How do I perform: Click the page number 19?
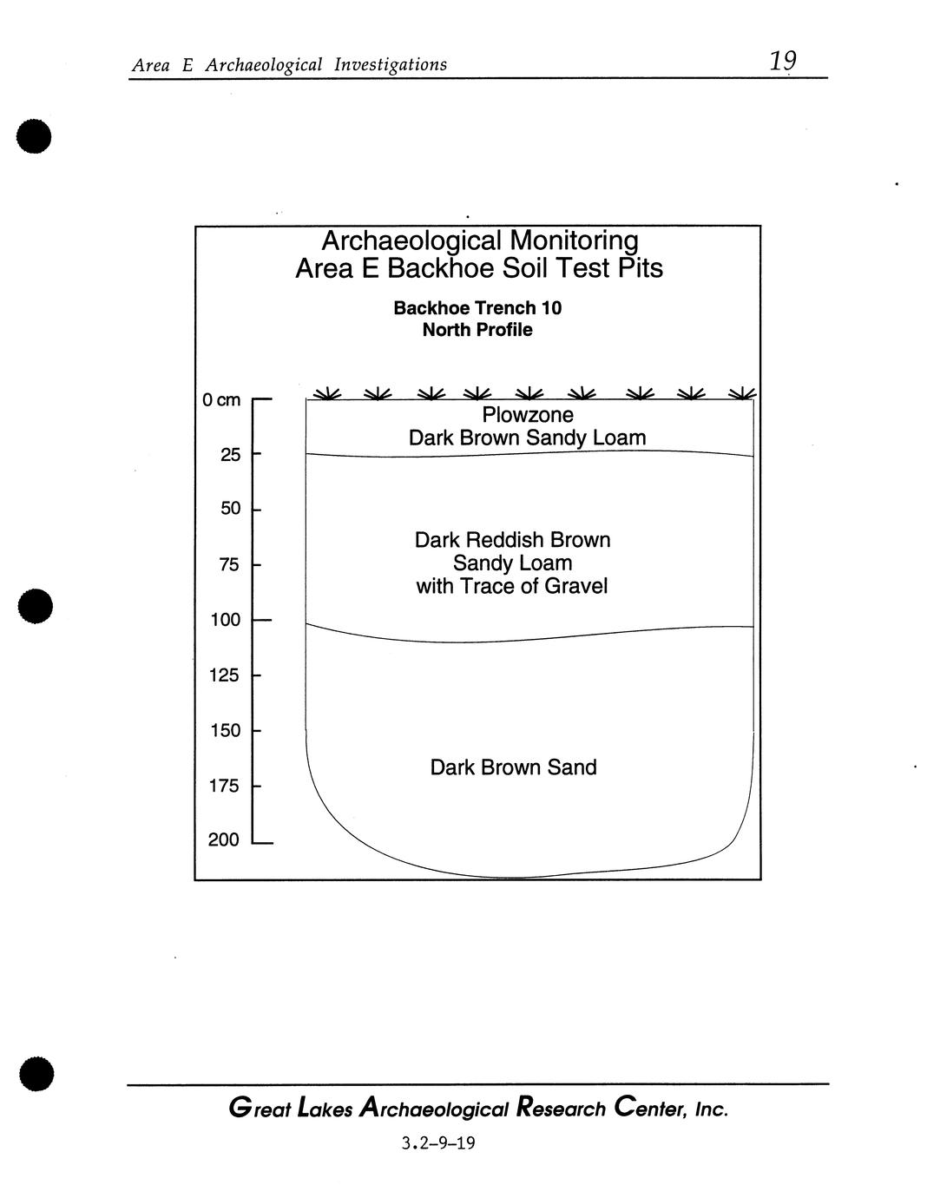782,61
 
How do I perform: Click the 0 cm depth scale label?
221,400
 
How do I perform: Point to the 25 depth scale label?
230,455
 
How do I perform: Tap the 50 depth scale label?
230,509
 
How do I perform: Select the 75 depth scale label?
230,565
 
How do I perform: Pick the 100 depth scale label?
225,620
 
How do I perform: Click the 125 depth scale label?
225,675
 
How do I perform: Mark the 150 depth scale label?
225,731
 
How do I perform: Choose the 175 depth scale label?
225,787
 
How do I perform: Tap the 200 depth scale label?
225,840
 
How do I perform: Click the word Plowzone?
528,415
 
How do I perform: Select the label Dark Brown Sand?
513,767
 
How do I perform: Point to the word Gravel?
576,586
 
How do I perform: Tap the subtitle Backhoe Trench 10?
477,308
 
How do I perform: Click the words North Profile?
477,330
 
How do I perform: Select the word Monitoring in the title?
574,240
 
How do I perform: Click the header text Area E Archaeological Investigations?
289,64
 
